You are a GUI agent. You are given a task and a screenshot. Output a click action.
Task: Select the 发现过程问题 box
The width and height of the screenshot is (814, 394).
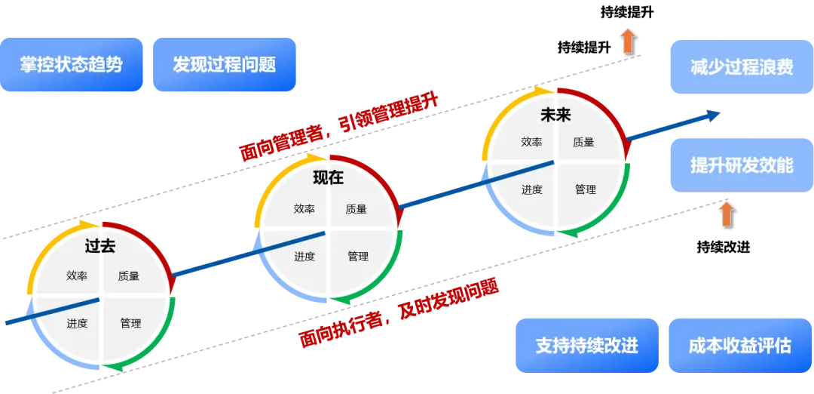click(224, 65)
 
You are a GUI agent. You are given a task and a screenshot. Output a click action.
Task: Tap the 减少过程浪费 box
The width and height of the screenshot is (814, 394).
click(741, 67)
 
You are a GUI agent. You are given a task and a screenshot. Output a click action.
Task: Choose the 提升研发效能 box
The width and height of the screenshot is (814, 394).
click(741, 165)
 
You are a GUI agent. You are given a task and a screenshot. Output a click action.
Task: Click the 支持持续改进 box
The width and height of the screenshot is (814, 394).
click(586, 346)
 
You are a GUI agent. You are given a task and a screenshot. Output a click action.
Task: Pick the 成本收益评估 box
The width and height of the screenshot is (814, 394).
click(739, 346)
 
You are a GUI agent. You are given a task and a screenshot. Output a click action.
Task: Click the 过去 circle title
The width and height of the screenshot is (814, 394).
click(100, 246)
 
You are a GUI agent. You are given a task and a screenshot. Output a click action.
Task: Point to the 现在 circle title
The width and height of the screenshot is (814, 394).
click(328, 178)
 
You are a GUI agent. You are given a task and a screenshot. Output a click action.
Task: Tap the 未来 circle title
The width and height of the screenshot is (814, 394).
click(556, 115)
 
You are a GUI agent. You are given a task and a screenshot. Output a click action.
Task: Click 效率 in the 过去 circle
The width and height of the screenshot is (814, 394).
click(77, 275)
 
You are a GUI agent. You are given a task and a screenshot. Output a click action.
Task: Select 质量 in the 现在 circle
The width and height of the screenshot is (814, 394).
click(356, 209)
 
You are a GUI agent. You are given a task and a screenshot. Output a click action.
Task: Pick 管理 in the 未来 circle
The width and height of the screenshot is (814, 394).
click(586, 189)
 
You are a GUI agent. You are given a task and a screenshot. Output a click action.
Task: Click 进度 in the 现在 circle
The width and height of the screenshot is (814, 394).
click(304, 257)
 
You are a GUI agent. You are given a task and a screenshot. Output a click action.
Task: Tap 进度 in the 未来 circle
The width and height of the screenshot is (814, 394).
click(532, 189)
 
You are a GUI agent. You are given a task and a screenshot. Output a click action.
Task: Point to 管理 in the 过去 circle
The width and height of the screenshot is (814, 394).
click(130, 323)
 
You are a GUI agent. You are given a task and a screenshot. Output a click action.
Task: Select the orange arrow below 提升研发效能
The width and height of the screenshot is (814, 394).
click(727, 213)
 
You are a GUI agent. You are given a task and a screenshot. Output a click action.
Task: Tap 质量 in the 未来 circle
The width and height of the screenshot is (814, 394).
click(583, 142)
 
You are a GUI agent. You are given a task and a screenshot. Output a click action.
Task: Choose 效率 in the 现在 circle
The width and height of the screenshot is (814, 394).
click(304, 209)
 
